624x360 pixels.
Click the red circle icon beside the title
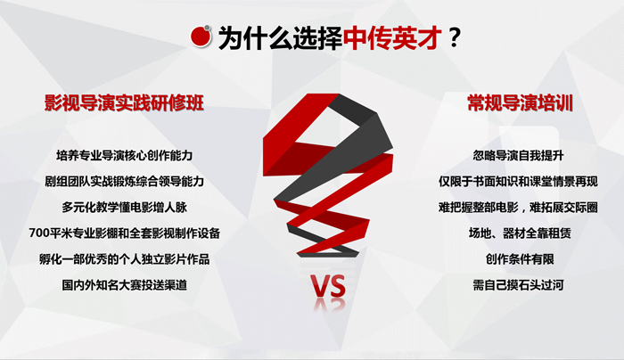(201, 37)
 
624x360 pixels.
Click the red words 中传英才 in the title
(392, 38)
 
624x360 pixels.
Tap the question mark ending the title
(454, 38)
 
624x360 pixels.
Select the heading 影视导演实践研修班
(124, 103)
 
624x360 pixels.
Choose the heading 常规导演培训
(520, 103)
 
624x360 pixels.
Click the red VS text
(329, 287)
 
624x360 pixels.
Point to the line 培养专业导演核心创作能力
(124, 155)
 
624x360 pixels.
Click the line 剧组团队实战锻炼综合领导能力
(124, 182)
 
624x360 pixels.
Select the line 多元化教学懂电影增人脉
(124, 208)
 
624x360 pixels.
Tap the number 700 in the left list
(40, 233)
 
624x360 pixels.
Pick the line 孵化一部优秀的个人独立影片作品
(124, 259)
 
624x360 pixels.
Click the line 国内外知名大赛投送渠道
(124, 285)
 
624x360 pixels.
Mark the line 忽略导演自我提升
(518, 155)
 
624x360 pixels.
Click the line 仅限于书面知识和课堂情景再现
(518, 182)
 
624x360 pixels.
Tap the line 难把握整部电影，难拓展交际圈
(518, 208)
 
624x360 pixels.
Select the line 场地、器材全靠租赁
(520, 233)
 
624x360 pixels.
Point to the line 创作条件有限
(520, 259)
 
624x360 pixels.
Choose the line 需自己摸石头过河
(518, 285)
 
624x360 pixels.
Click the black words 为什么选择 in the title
(280, 38)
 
